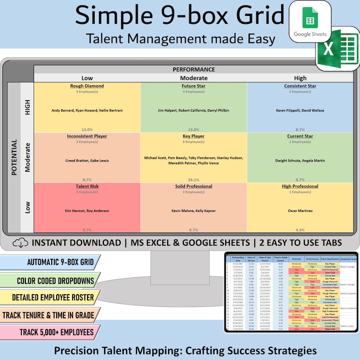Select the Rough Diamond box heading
(x=87, y=86)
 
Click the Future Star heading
(x=194, y=86)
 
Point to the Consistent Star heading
(x=300, y=86)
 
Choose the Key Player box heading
(x=194, y=136)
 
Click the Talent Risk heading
(x=87, y=186)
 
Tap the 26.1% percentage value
(x=194, y=180)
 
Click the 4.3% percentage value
(x=300, y=230)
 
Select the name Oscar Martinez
(x=300, y=210)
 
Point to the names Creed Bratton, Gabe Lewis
(x=87, y=160)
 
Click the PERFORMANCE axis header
(x=194, y=69)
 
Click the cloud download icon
(x=19, y=243)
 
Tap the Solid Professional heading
(x=194, y=186)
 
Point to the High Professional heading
(x=300, y=186)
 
